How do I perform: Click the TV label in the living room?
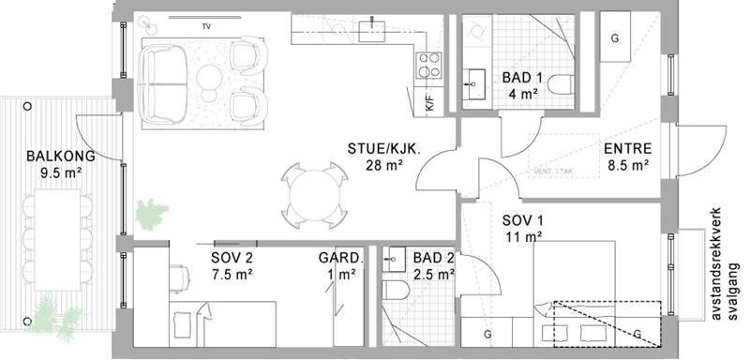pyautogui.click(x=206, y=27)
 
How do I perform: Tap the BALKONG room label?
pyautogui.click(x=61, y=157)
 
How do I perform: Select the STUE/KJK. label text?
pyautogui.click(x=384, y=149)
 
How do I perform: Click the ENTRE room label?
pyautogui.click(x=627, y=149)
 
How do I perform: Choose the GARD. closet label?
pyautogui.click(x=341, y=258)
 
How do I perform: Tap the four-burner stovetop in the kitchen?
pyautogui.click(x=428, y=65)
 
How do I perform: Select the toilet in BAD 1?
pyautogui.click(x=561, y=85)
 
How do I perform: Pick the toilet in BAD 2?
pyautogui.click(x=396, y=291)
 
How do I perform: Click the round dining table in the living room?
pyautogui.click(x=314, y=195)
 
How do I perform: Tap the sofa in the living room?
pyautogui.click(x=163, y=83)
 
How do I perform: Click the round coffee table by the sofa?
pyautogui.click(x=209, y=78)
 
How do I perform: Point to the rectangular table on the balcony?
pyautogui.click(x=57, y=239)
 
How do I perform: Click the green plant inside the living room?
pyautogui.click(x=152, y=215)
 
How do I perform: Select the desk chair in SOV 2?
pyautogui.click(x=179, y=277)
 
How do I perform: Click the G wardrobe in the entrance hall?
pyautogui.click(x=615, y=37)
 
